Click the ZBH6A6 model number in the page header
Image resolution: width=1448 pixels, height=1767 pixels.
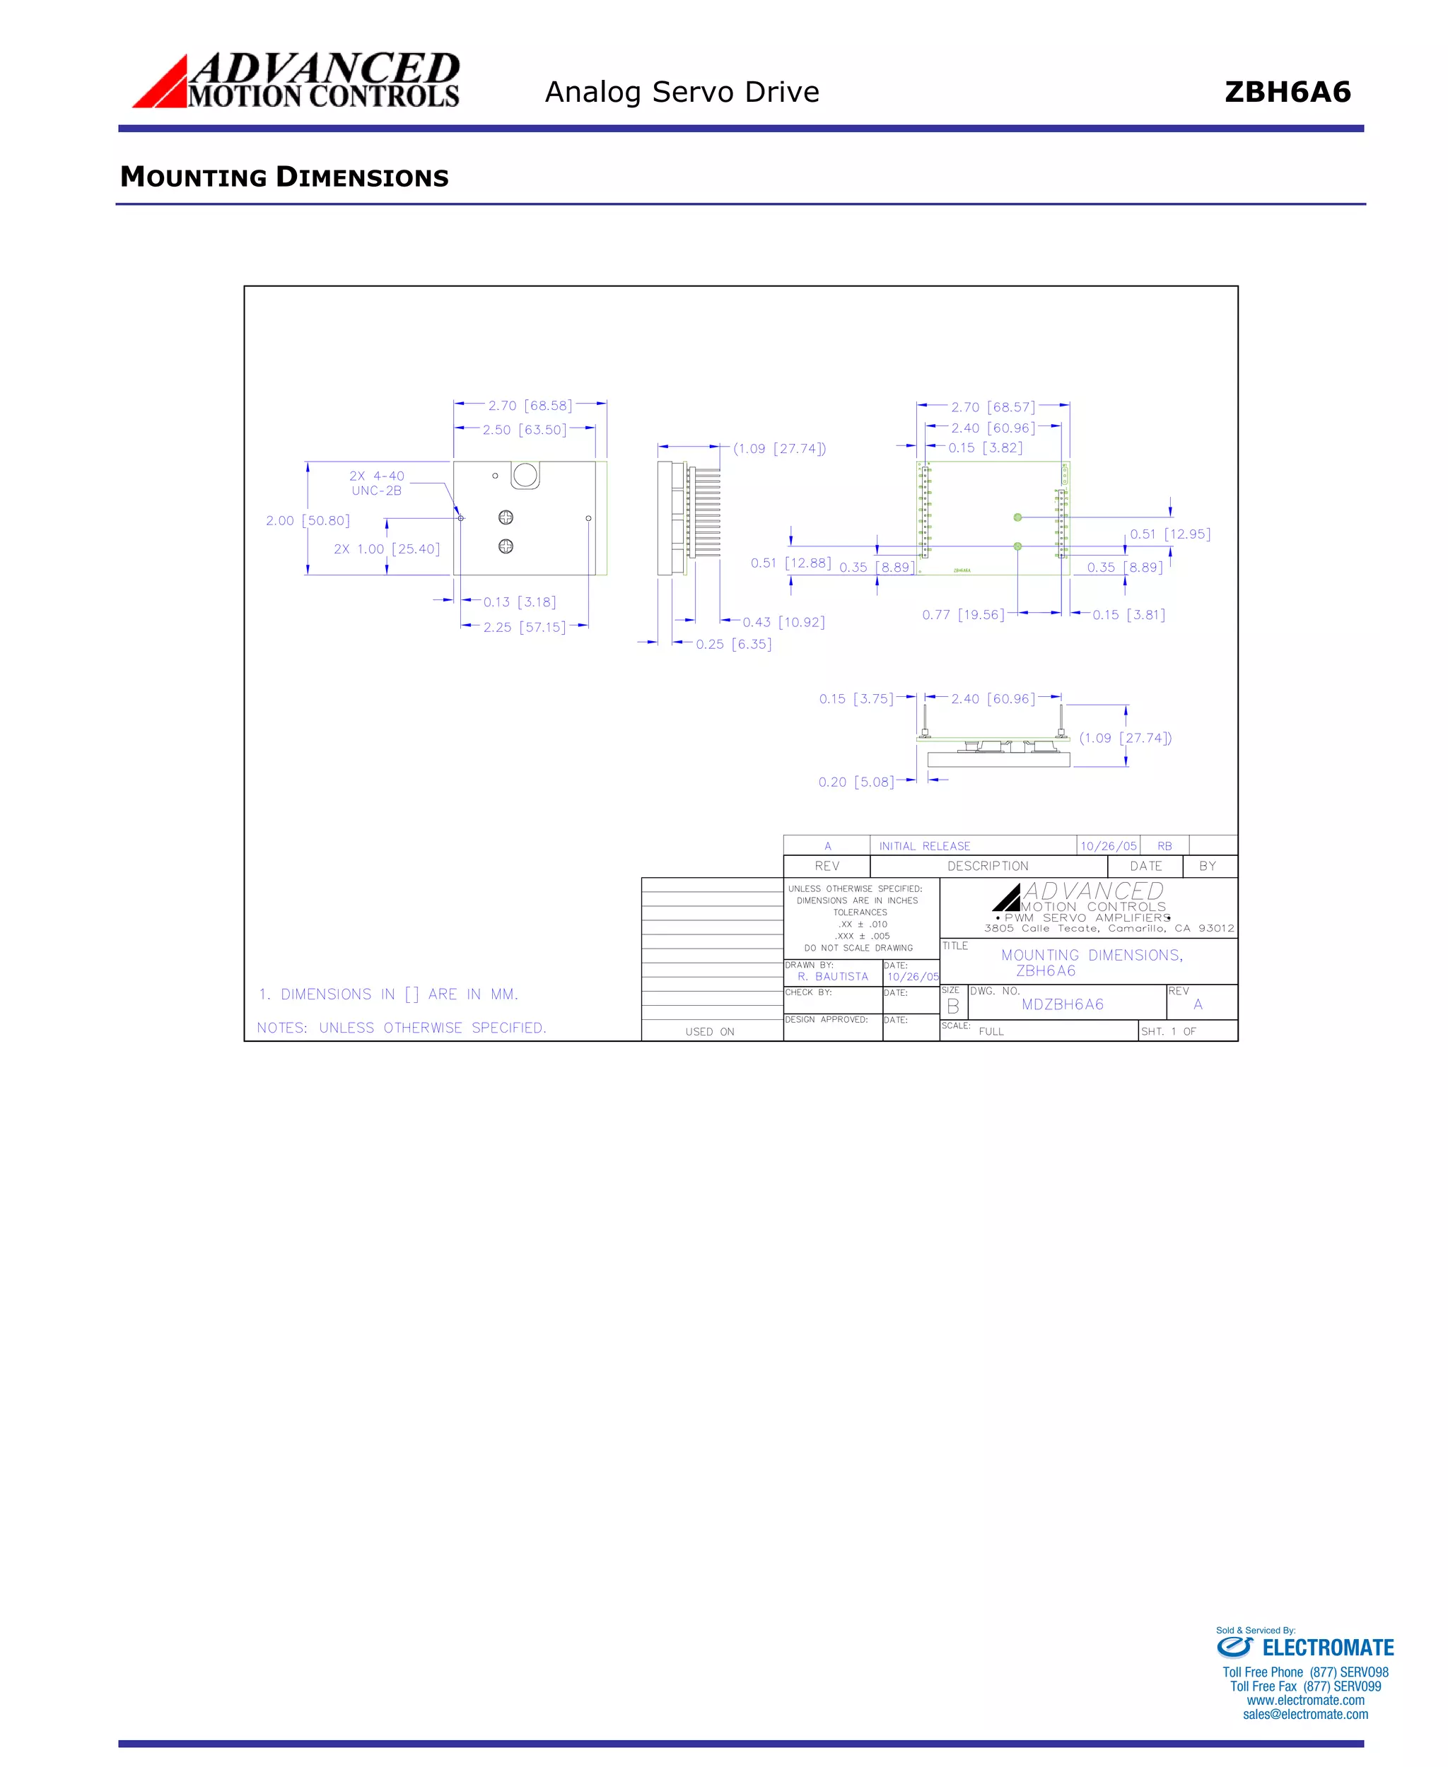tap(1287, 92)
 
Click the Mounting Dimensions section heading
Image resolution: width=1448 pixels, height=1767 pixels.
tap(284, 177)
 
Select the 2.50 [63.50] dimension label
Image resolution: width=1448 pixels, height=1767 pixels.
tap(524, 430)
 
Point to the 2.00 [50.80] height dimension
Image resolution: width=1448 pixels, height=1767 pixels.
tap(308, 520)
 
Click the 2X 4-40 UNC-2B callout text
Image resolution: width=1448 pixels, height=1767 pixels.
tap(376, 483)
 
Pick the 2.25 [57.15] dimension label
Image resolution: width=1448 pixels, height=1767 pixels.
tap(524, 627)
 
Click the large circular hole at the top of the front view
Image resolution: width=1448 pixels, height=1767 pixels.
tap(525, 475)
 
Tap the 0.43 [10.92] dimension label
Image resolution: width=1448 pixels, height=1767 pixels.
tap(783, 622)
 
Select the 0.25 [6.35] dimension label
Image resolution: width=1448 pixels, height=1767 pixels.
tap(733, 644)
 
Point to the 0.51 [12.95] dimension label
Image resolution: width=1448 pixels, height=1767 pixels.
tap(1170, 534)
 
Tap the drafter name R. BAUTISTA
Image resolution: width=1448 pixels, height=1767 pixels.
tap(832, 977)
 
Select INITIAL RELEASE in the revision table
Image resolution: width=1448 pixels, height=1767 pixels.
tap(924, 845)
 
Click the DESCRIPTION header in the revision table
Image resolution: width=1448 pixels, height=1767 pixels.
tap(988, 867)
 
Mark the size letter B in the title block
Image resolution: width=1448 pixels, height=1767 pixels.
tap(952, 1006)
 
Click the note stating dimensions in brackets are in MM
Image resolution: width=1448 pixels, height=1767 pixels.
tap(389, 994)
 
